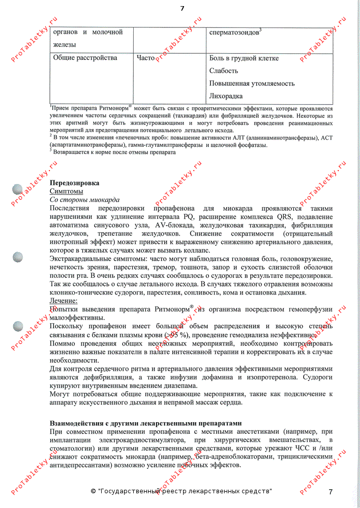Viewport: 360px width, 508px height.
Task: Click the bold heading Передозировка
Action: (74, 183)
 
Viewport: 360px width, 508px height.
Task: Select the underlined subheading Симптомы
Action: (66, 192)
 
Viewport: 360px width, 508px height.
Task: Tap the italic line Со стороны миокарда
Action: (84, 200)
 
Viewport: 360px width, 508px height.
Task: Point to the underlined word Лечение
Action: (64, 301)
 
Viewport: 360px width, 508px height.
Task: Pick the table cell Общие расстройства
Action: (85, 58)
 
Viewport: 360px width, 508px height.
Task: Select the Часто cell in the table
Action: (145, 58)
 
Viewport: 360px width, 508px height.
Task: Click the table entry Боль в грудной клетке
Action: (244, 58)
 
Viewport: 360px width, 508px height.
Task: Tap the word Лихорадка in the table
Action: (226, 96)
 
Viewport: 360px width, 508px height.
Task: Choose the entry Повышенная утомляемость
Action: (252, 83)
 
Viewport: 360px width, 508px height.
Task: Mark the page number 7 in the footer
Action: (330, 492)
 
